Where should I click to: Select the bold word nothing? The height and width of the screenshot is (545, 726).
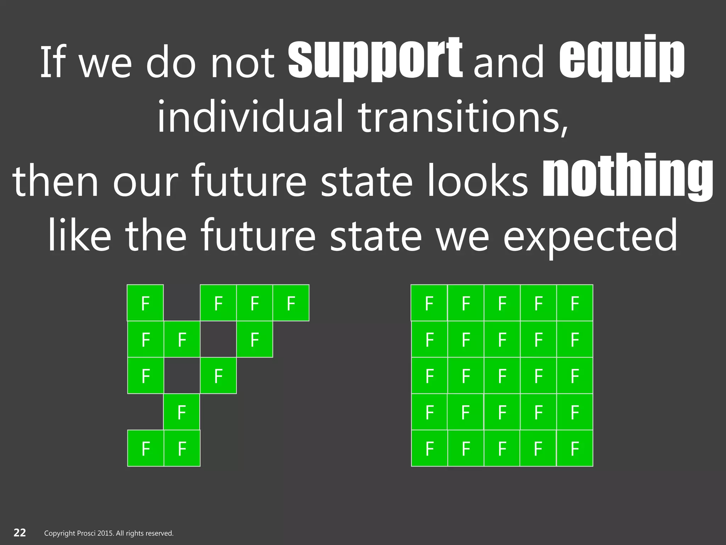click(x=627, y=177)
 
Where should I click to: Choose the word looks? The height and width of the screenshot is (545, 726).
click(x=477, y=180)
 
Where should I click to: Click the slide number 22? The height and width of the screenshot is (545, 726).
click(x=20, y=533)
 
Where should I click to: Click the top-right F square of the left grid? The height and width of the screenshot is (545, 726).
click(x=291, y=303)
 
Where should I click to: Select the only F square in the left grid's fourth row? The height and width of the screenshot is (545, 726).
click(x=181, y=412)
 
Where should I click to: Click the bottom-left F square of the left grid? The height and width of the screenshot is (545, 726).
click(x=146, y=448)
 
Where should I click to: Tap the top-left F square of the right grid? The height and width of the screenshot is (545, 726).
click(x=429, y=303)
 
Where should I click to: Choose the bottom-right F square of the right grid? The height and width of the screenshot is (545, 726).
click(x=575, y=448)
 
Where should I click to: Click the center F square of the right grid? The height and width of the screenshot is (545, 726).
click(x=502, y=376)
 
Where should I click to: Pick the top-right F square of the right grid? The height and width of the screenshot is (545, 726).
click(x=575, y=303)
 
